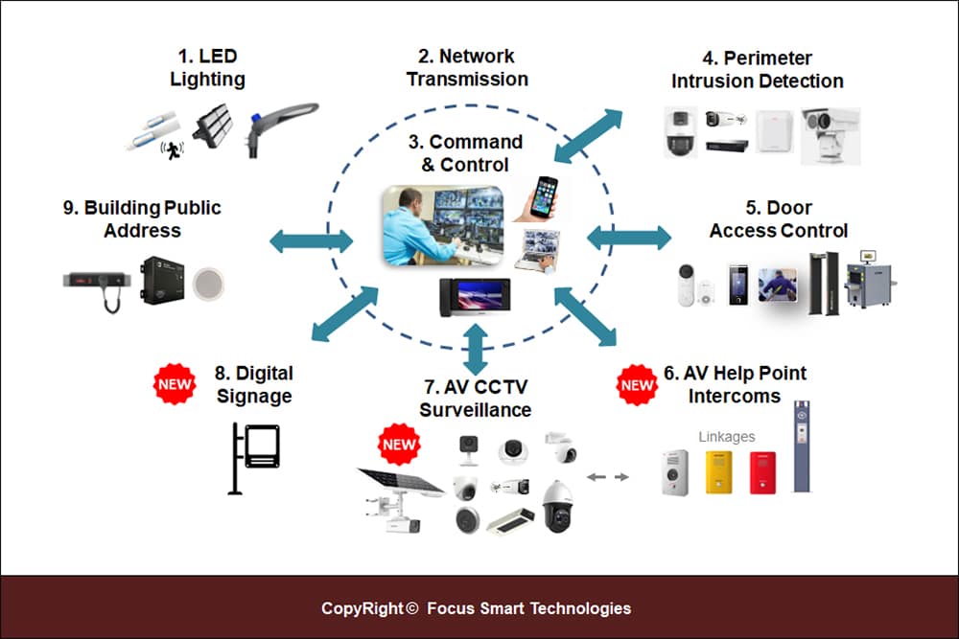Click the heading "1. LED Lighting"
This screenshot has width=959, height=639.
[x=207, y=68]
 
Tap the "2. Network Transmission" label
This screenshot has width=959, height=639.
[x=467, y=67]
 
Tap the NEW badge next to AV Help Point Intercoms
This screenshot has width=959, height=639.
[x=636, y=384]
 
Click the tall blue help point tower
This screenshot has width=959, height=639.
[x=801, y=446]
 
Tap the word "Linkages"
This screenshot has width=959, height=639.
[x=726, y=437]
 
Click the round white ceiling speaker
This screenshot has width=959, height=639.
[x=206, y=282]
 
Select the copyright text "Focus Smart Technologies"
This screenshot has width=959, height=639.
[x=528, y=608]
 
